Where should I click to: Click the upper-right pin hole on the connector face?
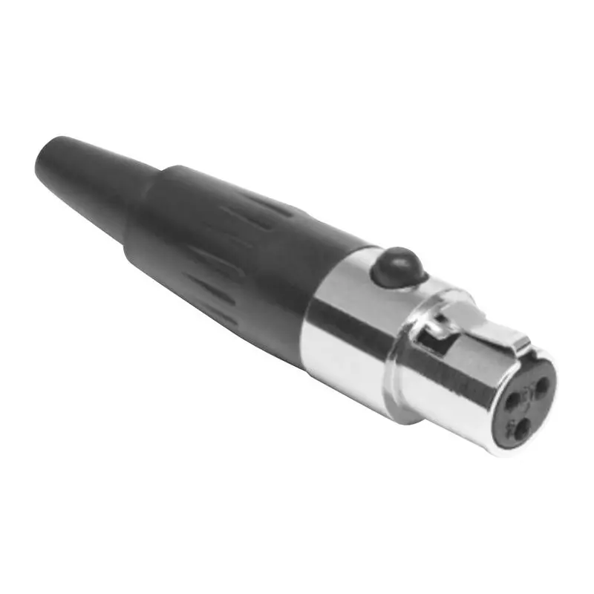(x=541, y=385)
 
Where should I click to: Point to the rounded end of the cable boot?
(x=43, y=160)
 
